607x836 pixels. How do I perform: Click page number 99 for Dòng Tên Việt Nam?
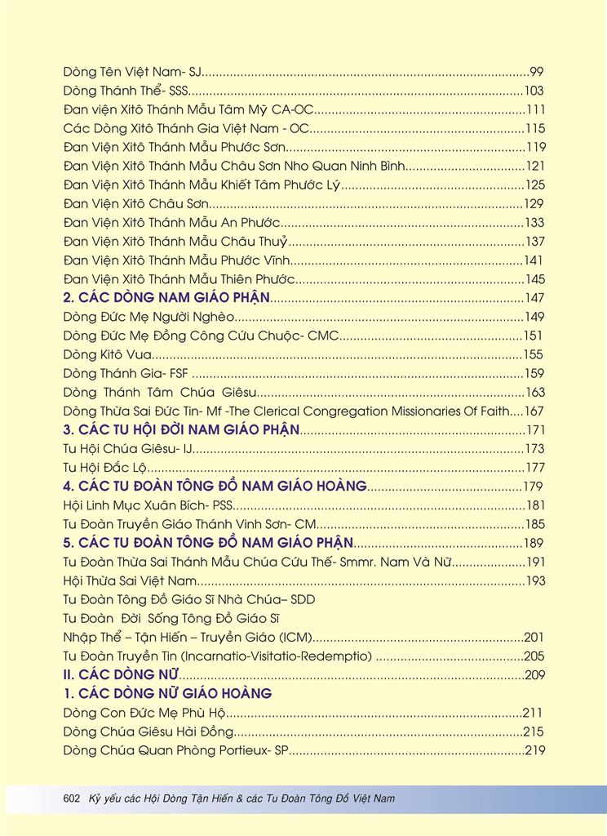click(537, 72)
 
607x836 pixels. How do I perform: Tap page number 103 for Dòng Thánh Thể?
click(534, 91)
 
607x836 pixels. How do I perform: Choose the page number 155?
click(534, 354)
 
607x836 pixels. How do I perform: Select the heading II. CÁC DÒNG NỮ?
click(121, 674)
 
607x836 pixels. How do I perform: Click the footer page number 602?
click(72, 798)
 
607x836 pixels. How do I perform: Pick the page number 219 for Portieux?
click(534, 750)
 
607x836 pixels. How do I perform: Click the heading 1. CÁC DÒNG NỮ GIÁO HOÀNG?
click(167, 693)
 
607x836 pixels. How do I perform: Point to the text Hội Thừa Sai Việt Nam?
click(131, 580)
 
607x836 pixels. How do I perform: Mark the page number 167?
click(534, 411)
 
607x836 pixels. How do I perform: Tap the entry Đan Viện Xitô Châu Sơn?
click(136, 203)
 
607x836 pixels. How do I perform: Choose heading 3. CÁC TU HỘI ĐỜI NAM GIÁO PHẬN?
click(182, 429)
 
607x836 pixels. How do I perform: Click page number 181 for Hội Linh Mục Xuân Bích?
click(534, 505)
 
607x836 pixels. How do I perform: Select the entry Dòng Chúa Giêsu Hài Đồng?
click(148, 731)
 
